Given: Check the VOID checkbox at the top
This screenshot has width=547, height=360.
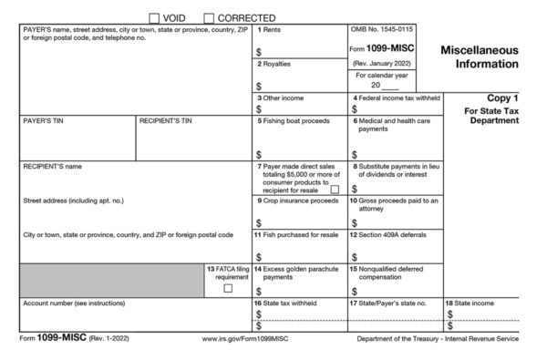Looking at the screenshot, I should (x=154, y=17).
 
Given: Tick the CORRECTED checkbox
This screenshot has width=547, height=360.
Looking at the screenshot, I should (x=210, y=17).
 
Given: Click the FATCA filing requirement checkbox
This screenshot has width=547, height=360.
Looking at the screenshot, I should (x=228, y=288).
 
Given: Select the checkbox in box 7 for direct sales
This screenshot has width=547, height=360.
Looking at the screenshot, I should (x=334, y=189).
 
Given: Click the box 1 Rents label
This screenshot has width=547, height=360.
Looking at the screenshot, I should (x=270, y=30).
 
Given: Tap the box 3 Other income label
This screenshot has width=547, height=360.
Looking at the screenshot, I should (x=281, y=98).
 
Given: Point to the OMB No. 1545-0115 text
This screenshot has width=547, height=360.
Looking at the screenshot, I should (x=382, y=30).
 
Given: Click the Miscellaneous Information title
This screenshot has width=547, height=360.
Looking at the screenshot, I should (x=480, y=57).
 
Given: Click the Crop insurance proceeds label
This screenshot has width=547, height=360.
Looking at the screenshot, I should (x=297, y=200).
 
